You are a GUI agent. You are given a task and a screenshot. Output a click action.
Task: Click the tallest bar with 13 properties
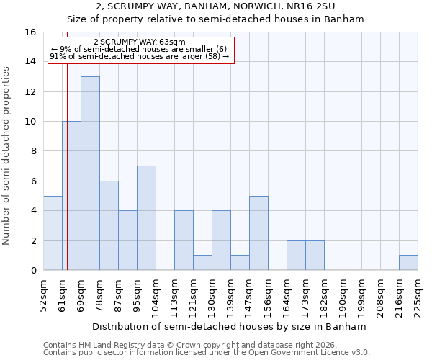tap(90, 173)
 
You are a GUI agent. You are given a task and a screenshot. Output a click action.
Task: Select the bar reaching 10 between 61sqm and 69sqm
tap(71, 195)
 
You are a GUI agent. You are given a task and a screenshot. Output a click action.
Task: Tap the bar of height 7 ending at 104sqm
tap(146, 217)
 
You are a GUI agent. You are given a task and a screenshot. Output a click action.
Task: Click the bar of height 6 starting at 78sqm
tap(109, 225)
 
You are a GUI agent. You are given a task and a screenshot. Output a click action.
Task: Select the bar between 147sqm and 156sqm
tap(258, 233)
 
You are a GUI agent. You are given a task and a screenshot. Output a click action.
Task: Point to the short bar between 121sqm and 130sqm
tap(202, 263)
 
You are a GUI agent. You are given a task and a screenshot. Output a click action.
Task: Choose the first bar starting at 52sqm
tap(53, 233)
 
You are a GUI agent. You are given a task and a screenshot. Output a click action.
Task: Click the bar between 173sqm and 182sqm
tap(315, 255)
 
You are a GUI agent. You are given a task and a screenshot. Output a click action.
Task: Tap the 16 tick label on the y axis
tap(30, 32)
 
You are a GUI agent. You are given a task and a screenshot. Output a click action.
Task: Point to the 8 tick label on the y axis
tap(33, 151)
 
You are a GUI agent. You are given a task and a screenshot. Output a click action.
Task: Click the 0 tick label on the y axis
tap(33, 271)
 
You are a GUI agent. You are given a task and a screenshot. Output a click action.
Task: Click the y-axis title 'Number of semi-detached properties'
tap(7, 156)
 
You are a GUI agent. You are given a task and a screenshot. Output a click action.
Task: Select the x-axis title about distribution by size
tap(230, 326)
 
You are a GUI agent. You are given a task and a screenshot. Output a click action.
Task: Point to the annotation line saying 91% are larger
tap(140, 56)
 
